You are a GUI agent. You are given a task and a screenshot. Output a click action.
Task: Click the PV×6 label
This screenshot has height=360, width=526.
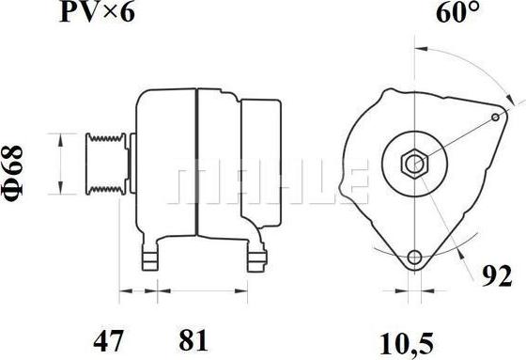tap(97, 12)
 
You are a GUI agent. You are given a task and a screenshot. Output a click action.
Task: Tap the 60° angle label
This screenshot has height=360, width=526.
tap(457, 12)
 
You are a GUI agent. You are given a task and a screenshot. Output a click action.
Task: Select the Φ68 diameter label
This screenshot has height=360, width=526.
tap(12, 173)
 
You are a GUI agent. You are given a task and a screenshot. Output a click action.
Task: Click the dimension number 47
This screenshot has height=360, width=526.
tap(108, 341)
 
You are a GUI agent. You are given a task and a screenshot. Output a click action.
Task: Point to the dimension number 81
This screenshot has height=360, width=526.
tap(193, 341)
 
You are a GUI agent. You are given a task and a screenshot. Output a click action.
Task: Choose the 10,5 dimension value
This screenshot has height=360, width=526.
tap(406, 344)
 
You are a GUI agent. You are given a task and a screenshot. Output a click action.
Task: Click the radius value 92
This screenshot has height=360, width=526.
tap(497, 276)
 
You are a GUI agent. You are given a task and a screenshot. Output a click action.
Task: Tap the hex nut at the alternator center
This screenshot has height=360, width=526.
tap(415, 164)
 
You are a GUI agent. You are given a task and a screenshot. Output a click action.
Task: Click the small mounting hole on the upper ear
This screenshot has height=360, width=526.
tap(496, 117)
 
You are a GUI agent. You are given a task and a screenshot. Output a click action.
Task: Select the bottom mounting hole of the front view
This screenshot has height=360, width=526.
tap(414, 258)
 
